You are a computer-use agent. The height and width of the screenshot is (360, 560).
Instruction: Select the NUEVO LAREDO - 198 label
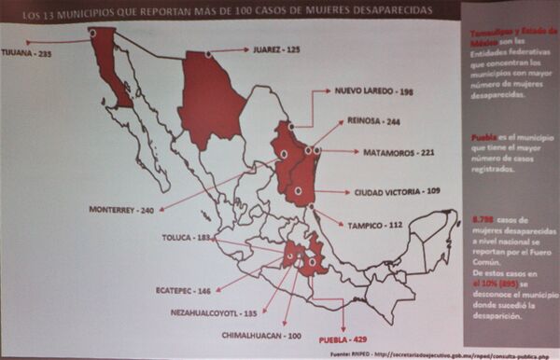pyautogui.click(x=373, y=92)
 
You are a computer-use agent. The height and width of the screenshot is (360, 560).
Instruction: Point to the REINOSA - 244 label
pyautogui.click(x=373, y=121)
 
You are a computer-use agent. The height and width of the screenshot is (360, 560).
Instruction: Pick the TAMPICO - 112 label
pyautogui.click(x=373, y=224)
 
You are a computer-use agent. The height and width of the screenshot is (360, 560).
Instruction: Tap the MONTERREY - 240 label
pyautogui.click(x=121, y=210)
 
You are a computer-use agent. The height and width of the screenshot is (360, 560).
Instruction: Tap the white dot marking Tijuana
pyautogui.click(x=92, y=33)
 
